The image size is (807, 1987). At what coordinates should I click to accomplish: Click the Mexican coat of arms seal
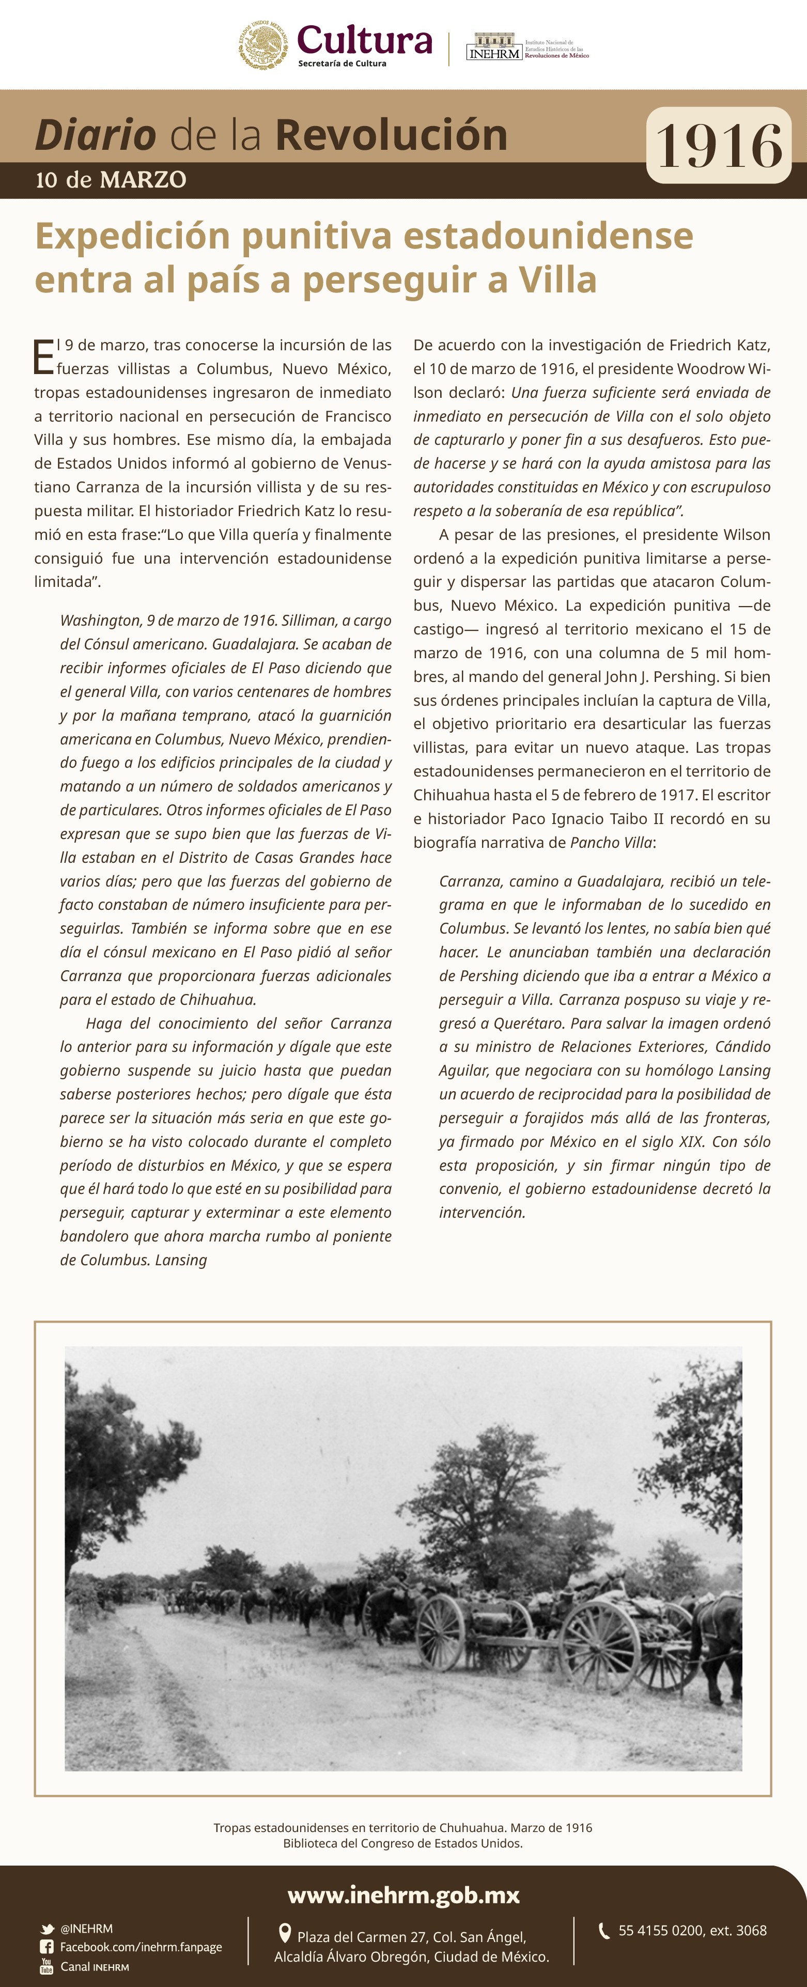(x=263, y=45)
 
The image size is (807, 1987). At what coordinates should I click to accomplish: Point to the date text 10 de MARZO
(x=111, y=180)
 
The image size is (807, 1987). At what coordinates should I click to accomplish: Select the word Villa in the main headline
(x=557, y=279)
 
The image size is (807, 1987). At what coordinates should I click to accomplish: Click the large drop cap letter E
(x=44, y=356)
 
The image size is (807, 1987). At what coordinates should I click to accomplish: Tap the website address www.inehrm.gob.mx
(x=404, y=1895)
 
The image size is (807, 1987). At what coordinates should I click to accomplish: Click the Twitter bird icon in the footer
(x=47, y=1929)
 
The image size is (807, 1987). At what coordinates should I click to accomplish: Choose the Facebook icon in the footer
(x=47, y=1947)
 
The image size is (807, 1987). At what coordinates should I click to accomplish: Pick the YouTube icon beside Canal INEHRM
(x=47, y=1966)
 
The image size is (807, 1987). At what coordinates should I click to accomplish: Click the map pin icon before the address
(x=285, y=1933)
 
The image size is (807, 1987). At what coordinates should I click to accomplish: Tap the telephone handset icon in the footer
(x=604, y=1930)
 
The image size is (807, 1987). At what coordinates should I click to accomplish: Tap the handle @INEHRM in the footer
(x=86, y=1929)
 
